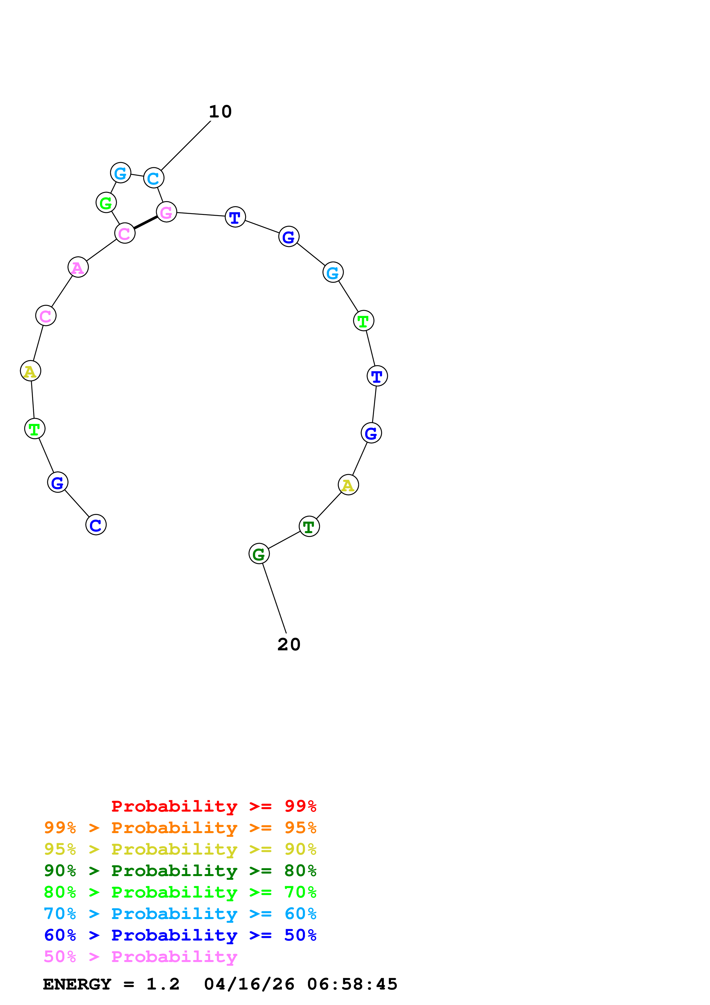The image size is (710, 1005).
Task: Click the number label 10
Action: [220, 112]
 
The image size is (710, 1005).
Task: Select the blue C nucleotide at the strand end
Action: [96, 525]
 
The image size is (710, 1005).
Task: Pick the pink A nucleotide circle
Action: [78, 267]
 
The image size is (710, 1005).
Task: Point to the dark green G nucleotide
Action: [259, 554]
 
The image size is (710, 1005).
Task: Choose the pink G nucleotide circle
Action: [166, 212]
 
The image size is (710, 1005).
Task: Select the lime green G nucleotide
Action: [106, 203]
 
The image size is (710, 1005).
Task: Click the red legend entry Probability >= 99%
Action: [213, 806]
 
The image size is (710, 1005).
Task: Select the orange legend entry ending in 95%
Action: [180, 828]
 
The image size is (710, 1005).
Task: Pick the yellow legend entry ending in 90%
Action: [180, 849]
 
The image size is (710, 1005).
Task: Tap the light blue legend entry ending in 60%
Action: [180, 914]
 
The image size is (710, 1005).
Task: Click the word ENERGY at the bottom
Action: [77, 984]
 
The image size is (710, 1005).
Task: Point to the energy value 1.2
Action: [163, 984]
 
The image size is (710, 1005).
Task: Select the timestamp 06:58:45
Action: [352, 984]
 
